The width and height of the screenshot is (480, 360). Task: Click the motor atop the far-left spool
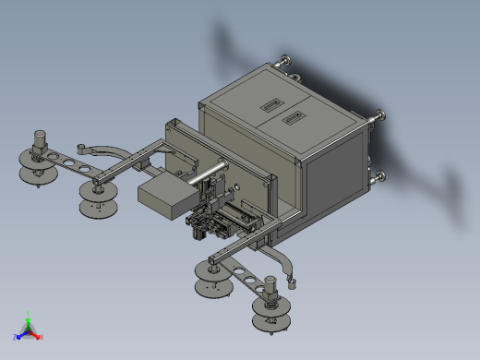tap(41, 143)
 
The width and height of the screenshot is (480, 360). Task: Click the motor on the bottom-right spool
tap(271, 288)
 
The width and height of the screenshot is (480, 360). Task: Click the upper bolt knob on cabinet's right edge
tap(378, 115)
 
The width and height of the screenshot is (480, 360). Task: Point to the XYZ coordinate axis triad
tap(28, 329)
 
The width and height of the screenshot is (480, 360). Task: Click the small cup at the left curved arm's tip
tap(81, 147)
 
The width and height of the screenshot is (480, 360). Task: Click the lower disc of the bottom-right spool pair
tap(273, 321)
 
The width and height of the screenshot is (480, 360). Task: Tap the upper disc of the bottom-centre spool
tap(214, 270)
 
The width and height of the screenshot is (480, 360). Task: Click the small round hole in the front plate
tap(239, 186)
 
